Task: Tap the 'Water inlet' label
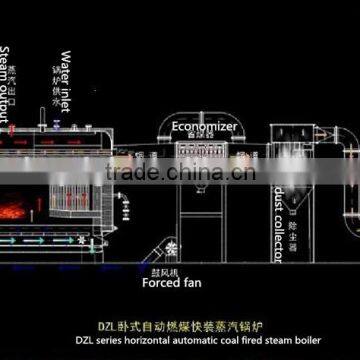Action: tap(66, 71)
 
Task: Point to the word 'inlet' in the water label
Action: tap(66, 87)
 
